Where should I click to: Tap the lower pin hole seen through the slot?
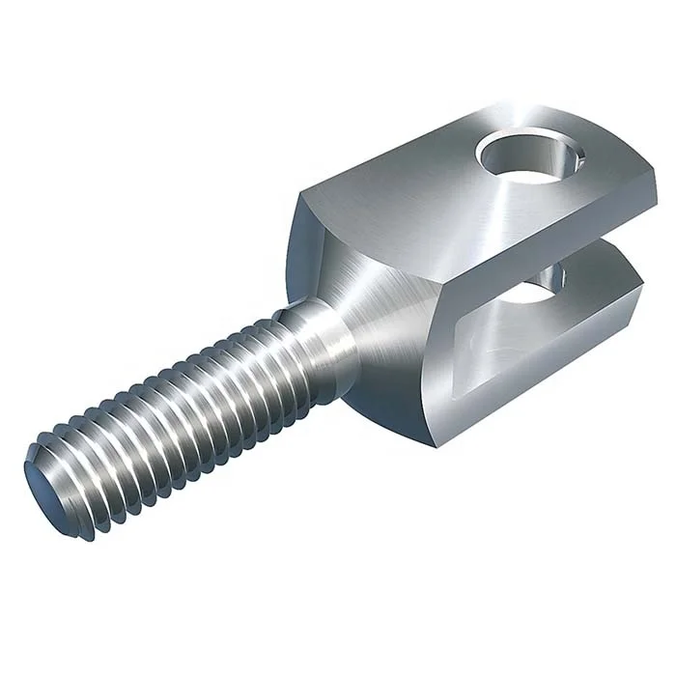click(550, 281)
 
